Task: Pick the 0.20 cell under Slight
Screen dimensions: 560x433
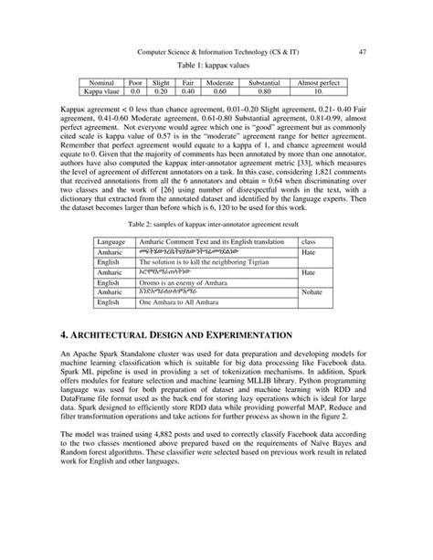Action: coord(161,91)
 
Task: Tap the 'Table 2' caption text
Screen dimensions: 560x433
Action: coord(216,223)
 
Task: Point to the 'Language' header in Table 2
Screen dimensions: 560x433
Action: coord(111,237)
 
